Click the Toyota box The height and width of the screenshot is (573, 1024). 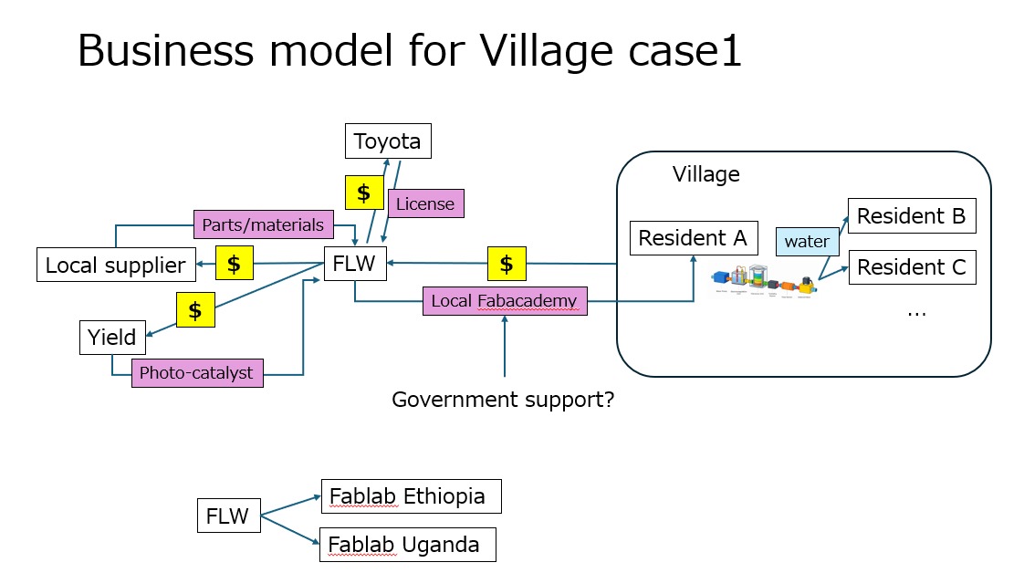point(387,141)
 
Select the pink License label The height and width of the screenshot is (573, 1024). point(425,203)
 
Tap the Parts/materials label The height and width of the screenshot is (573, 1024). point(263,224)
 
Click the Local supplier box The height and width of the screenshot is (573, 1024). point(116,266)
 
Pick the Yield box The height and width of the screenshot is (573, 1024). point(112,338)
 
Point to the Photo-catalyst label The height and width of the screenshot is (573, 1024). point(196,373)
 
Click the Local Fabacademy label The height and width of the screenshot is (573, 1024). point(505,300)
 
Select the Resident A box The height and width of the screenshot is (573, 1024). point(693,238)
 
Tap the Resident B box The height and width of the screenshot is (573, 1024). point(911,216)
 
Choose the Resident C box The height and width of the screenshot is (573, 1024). point(911,267)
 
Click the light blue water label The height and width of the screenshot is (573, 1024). point(807,242)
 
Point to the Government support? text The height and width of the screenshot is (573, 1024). point(503,400)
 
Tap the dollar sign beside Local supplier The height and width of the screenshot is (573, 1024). point(234,265)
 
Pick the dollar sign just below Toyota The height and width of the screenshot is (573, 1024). point(363,193)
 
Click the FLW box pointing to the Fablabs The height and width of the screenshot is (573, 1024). point(227,516)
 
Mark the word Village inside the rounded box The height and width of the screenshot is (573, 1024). point(705,173)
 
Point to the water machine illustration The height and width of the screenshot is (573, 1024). point(765,282)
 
